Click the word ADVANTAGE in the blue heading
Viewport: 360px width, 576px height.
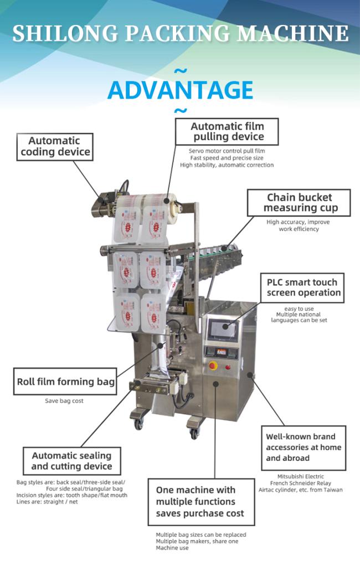(180, 90)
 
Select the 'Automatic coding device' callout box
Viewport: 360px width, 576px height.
(54, 147)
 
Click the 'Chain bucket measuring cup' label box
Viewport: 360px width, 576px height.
(299, 203)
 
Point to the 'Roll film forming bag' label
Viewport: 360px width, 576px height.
(65, 382)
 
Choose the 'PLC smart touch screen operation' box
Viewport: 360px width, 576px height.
(304, 287)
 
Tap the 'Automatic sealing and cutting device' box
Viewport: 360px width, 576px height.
(71, 461)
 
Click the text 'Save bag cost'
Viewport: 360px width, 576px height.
(64, 400)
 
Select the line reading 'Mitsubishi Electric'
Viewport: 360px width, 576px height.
(301, 476)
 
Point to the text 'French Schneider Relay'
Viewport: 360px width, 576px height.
(301, 483)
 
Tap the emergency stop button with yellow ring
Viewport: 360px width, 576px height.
(212, 366)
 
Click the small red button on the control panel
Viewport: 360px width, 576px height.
(228, 366)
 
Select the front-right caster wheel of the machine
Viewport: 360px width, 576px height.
(194, 434)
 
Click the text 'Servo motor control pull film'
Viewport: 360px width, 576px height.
(227, 151)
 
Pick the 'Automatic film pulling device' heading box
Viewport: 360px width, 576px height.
(227, 131)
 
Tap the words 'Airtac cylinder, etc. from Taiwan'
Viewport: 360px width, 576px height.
(301, 490)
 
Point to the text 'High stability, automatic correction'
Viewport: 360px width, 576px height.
(227, 164)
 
